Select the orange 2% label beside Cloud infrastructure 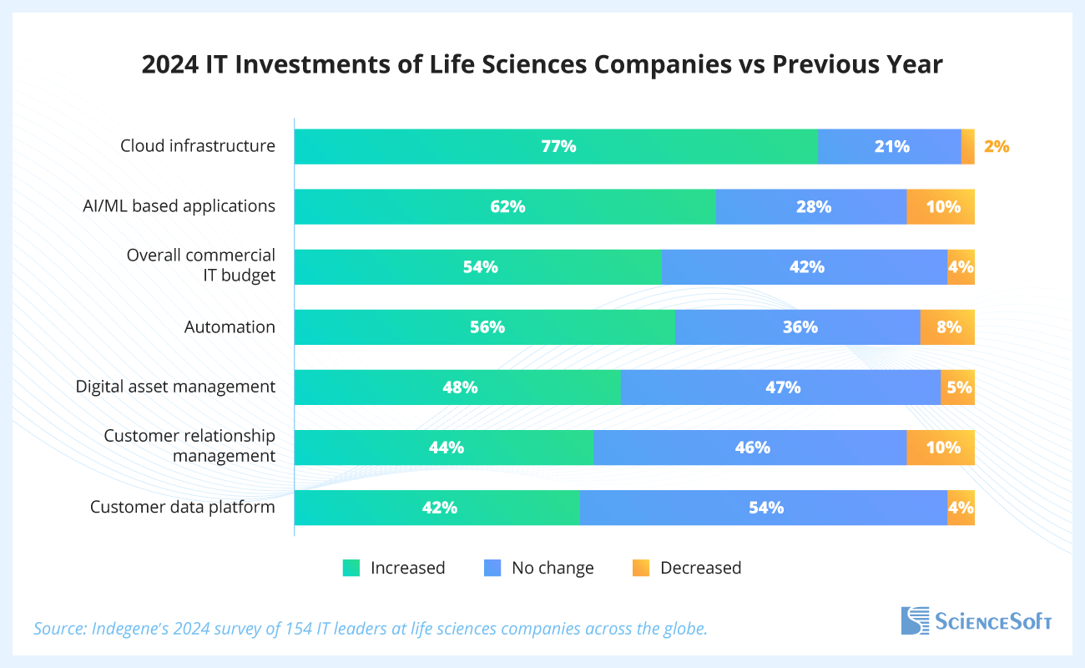(996, 146)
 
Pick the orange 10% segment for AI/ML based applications (941, 206)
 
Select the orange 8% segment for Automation (947, 327)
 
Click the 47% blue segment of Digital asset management (781, 387)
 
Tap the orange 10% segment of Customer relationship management (941, 448)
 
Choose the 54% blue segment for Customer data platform (764, 508)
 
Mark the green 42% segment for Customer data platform (437, 508)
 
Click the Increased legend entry (395, 568)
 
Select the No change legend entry (539, 568)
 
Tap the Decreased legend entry (687, 568)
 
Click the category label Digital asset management (175, 387)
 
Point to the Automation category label (230, 326)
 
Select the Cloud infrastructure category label (198, 146)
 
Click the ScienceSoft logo (976, 620)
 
